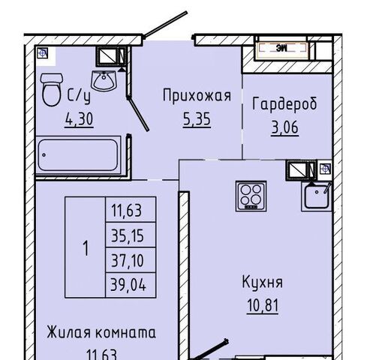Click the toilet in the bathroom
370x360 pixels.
(x=51, y=89)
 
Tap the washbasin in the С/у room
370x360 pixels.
(x=104, y=80)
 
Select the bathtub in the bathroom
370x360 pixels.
(x=79, y=155)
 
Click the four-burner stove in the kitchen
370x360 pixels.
(x=251, y=196)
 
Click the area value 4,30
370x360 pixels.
(x=79, y=119)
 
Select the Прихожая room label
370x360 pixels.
(x=197, y=96)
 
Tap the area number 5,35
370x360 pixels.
(x=197, y=119)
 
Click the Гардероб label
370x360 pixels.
(x=284, y=103)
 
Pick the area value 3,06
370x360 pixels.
(x=284, y=127)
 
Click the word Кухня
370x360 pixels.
(x=263, y=283)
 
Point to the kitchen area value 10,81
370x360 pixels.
(x=263, y=305)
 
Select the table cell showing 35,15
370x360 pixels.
(x=131, y=235)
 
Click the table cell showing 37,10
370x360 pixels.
(x=131, y=260)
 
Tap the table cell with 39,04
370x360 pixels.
(x=131, y=285)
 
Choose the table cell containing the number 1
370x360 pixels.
(x=86, y=247)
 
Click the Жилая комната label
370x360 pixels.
(x=101, y=333)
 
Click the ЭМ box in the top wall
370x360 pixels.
(x=282, y=47)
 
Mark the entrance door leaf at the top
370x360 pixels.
(x=165, y=25)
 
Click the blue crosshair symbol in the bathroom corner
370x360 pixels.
(x=43, y=53)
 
